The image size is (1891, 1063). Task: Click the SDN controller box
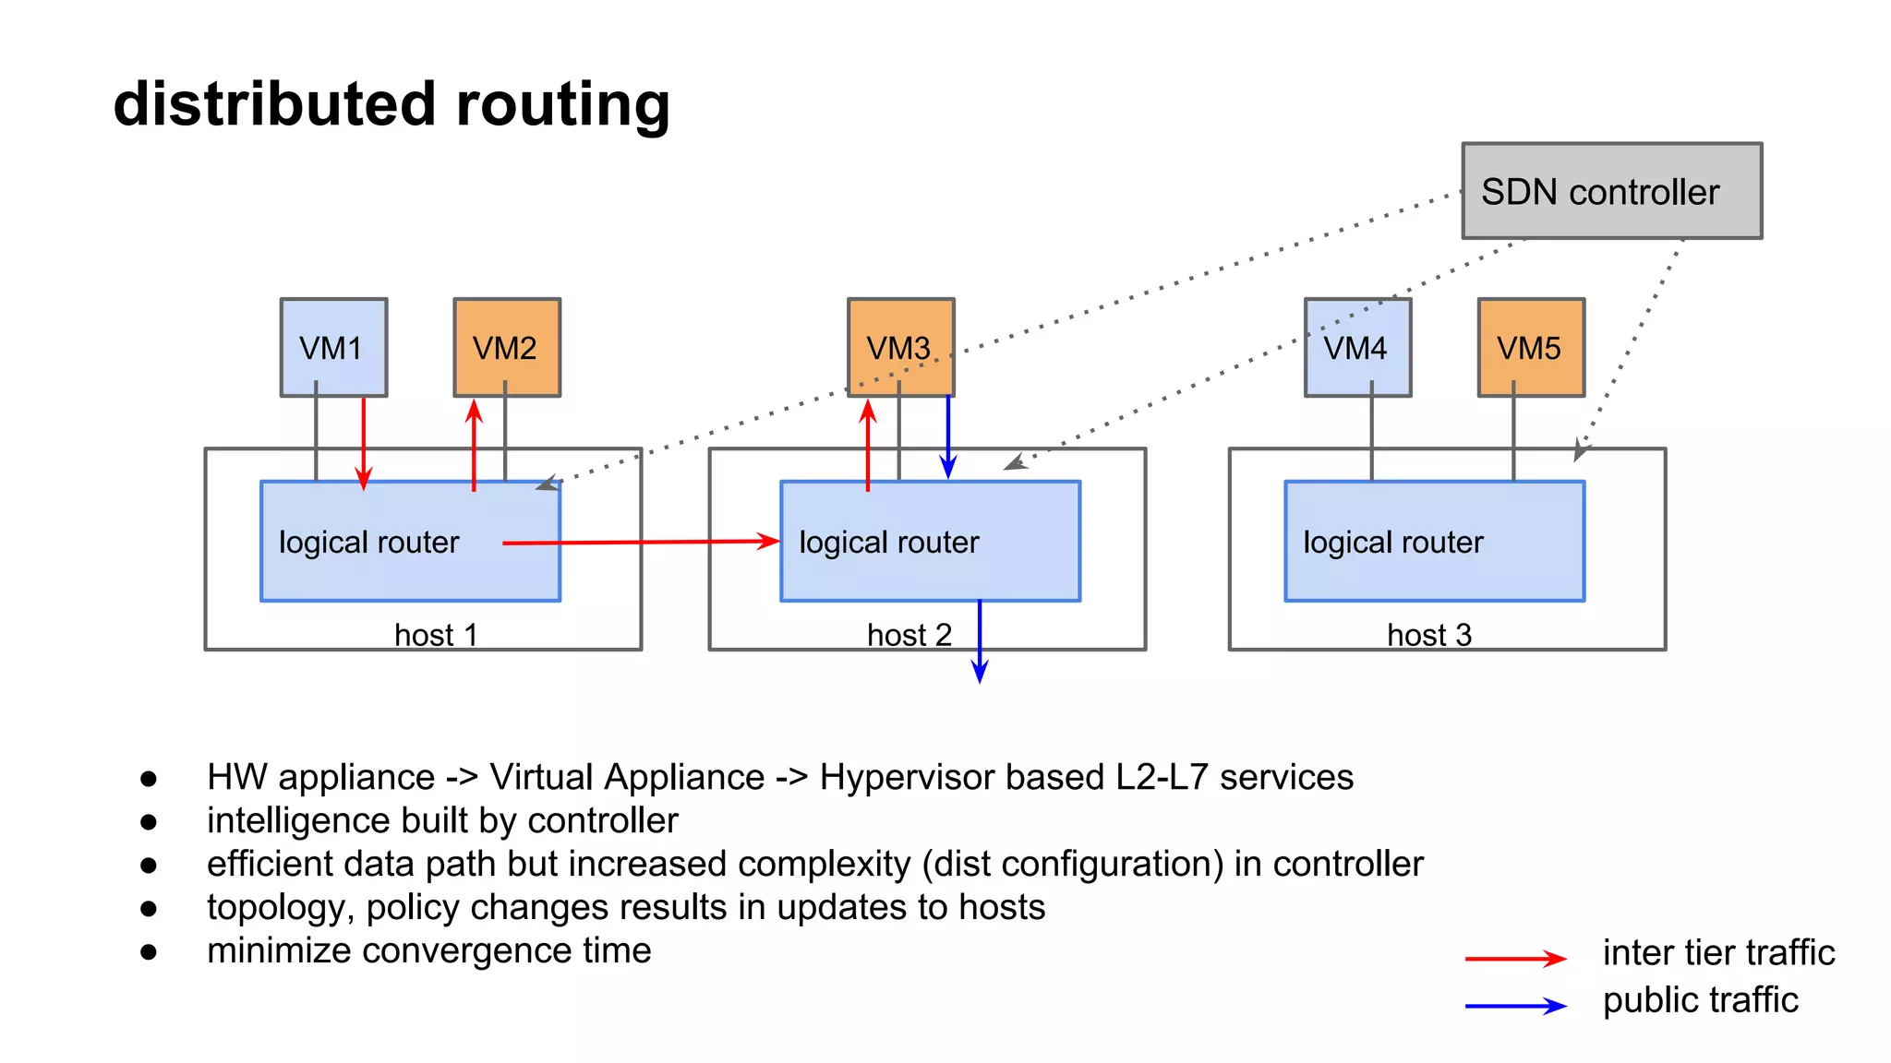click(1611, 191)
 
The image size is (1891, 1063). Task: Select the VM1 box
click(333, 347)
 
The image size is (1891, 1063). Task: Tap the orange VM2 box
click(507, 347)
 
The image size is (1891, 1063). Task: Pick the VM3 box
click(900, 347)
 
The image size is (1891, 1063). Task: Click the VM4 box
click(1357, 347)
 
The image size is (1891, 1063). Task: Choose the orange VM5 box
click(1531, 347)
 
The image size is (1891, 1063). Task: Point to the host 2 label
click(909, 635)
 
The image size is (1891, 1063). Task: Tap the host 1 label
click(436, 635)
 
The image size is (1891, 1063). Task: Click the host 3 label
click(1428, 635)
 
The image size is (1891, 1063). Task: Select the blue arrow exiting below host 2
click(980, 646)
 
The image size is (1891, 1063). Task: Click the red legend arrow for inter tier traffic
click(1514, 959)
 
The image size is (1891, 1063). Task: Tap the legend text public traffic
click(1700, 1000)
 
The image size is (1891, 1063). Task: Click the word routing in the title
click(562, 104)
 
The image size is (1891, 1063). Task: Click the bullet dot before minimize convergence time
click(149, 951)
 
